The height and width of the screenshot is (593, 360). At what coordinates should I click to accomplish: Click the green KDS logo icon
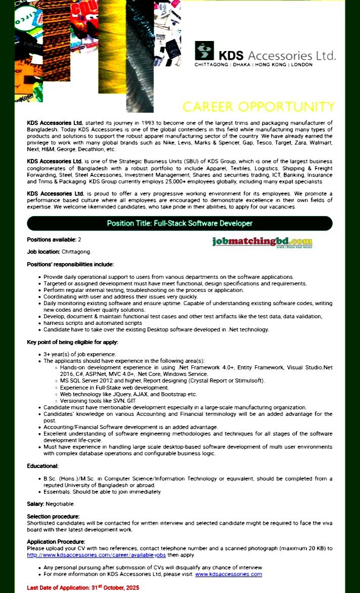tap(204, 51)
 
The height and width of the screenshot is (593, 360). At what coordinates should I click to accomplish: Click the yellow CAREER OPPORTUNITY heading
tap(258, 107)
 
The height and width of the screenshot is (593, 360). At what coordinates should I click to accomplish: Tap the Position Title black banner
tap(179, 223)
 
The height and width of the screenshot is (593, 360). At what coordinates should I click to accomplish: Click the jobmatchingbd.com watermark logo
tap(262, 242)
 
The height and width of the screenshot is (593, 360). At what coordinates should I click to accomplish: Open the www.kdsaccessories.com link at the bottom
tap(229, 574)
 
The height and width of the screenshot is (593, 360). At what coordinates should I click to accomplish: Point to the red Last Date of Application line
tap(83, 587)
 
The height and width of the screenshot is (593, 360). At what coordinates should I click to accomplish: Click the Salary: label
tap(35, 503)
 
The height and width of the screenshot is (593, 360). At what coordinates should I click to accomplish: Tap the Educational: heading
tap(42, 465)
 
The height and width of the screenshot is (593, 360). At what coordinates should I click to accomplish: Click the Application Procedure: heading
tap(56, 541)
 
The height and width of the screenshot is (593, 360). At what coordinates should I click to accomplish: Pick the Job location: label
tap(43, 251)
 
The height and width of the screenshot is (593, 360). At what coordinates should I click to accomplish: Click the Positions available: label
tap(52, 239)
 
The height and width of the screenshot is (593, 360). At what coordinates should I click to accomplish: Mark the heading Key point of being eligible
tap(72, 342)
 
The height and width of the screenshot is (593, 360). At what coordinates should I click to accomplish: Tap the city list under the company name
tap(253, 65)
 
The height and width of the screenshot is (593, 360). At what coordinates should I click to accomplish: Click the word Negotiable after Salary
tap(60, 503)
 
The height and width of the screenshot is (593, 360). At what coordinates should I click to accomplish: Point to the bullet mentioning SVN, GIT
tap(98, 400)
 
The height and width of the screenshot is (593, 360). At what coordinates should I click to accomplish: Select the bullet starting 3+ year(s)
tap(80, 354)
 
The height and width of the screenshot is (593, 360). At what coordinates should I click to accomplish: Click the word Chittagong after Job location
tap(76, 251)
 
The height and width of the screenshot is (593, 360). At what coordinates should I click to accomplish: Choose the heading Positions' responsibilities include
tap(70, 264)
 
